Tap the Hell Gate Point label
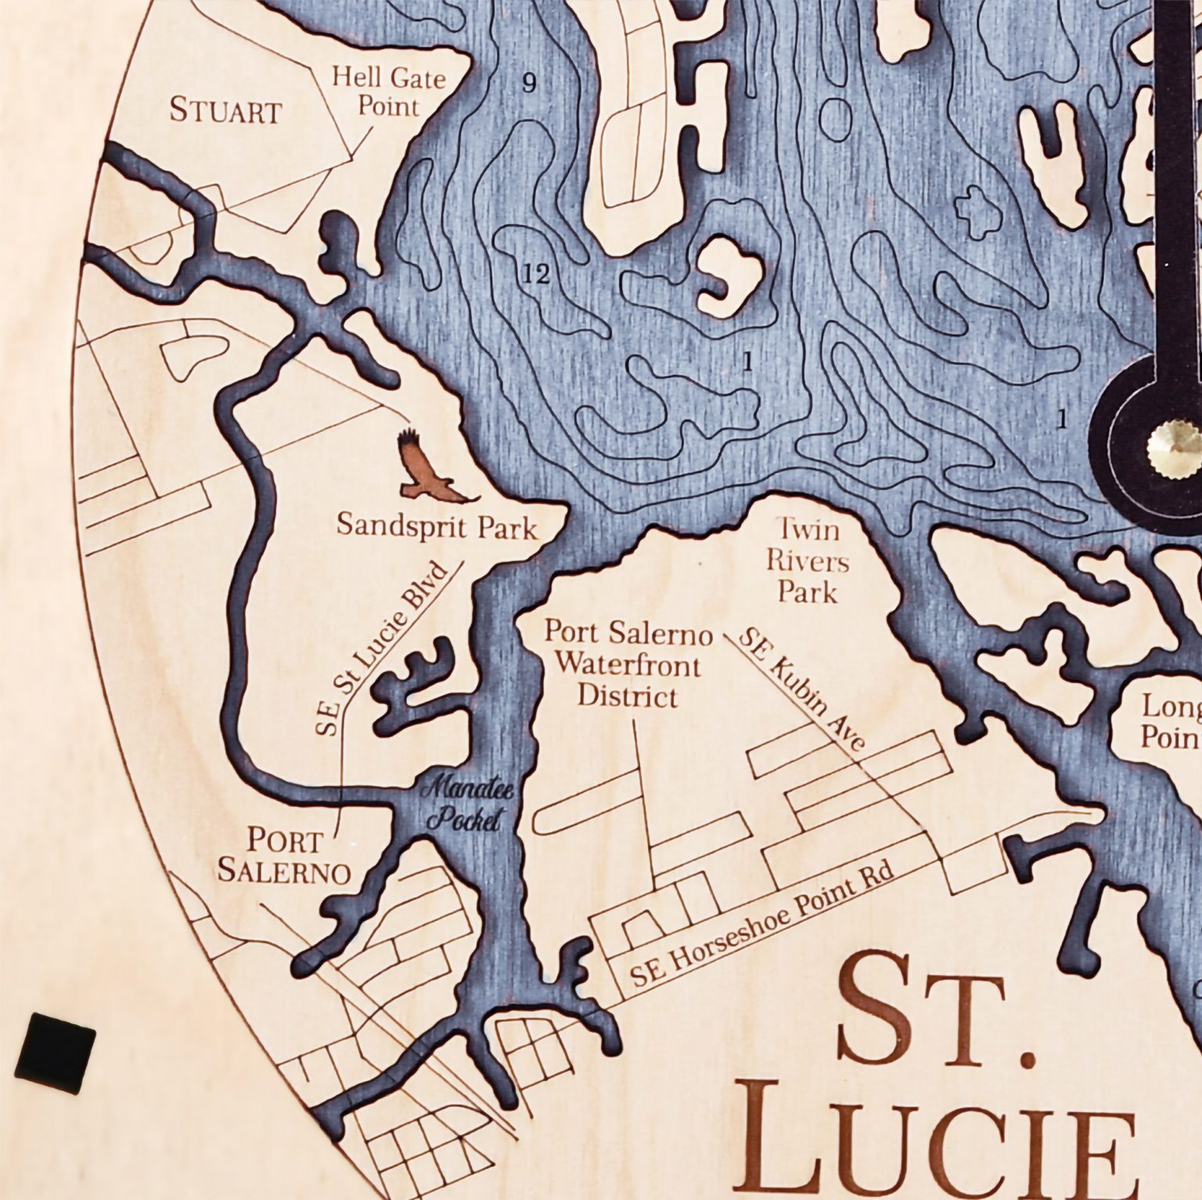point(388,92)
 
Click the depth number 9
point(529,82)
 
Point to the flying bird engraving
point(430,469)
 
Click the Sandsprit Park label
point(437,526)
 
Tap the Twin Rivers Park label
point(807,561)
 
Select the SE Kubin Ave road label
point(802,688)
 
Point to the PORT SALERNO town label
point(284,856)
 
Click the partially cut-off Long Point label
point(1170,721)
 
